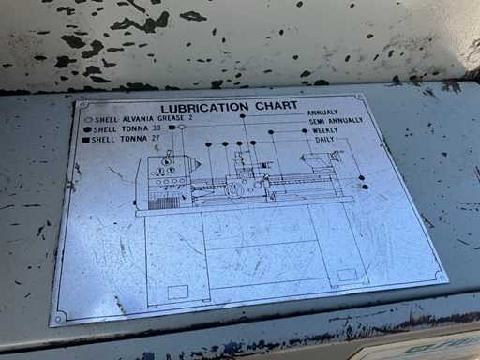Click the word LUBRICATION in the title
pos(204,108)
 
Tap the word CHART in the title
pos(277,106)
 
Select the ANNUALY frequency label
pos(322,112)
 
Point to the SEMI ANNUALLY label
pos(336,121)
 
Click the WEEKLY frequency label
pos(325,130)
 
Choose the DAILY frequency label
pos(324,140)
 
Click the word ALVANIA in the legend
pos(138,119)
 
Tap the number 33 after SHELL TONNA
pos(157,128)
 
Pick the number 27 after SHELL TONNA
pos(156,138)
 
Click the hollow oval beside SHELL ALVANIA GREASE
pos(89,120)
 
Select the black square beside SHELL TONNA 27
pos(86,140)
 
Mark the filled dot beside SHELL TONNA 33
pos(88,129)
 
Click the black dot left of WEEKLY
pos(305,130)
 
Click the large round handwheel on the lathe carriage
pos(232,190)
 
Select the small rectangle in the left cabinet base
pos(178,292)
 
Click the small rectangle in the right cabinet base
pos(347,275)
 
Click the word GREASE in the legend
pos(171,118)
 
